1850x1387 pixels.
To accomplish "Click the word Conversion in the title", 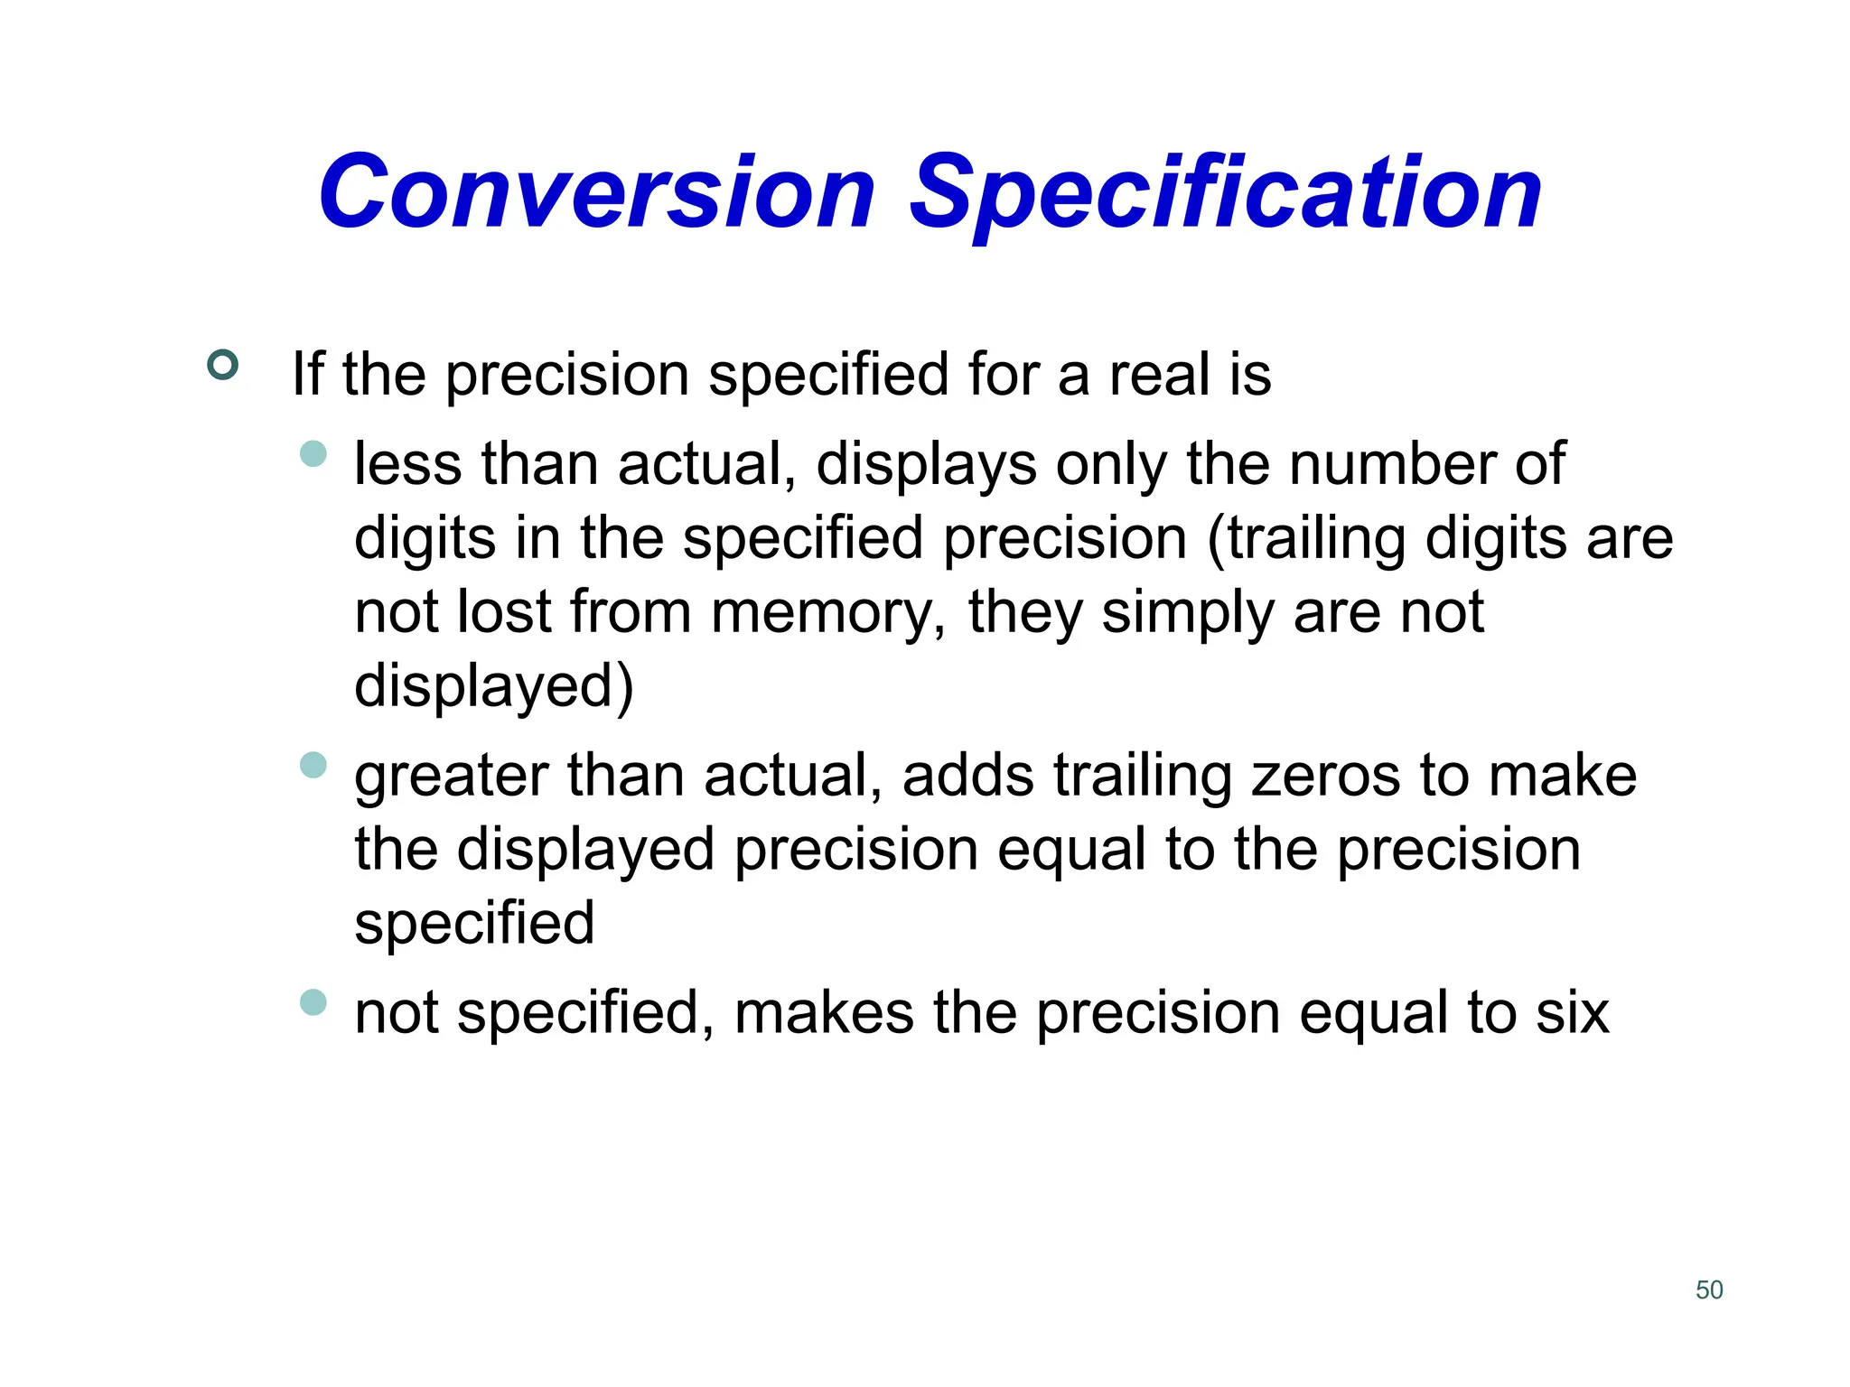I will click(x=597, y=191).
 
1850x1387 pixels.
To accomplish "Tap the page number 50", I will click(x=1709, y=1289).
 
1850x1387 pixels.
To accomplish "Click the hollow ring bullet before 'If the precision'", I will click(x=222, y=365).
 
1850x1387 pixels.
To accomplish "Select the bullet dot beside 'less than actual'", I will click(x=313, y=453).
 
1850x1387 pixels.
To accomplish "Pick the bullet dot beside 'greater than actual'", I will click(x=313, y=765).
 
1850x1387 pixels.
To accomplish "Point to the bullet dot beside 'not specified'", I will click(x=313, y=1001).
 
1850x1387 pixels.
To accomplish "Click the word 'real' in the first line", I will click(x=1159, y=374).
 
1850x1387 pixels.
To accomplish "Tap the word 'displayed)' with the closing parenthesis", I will click(x=494, y=687).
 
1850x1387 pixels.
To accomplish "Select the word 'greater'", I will click(x=452, y=777).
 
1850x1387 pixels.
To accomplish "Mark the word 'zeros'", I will click(x=1325, y=776).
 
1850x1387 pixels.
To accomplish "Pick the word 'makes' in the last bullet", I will click(x=824, y=1013).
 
